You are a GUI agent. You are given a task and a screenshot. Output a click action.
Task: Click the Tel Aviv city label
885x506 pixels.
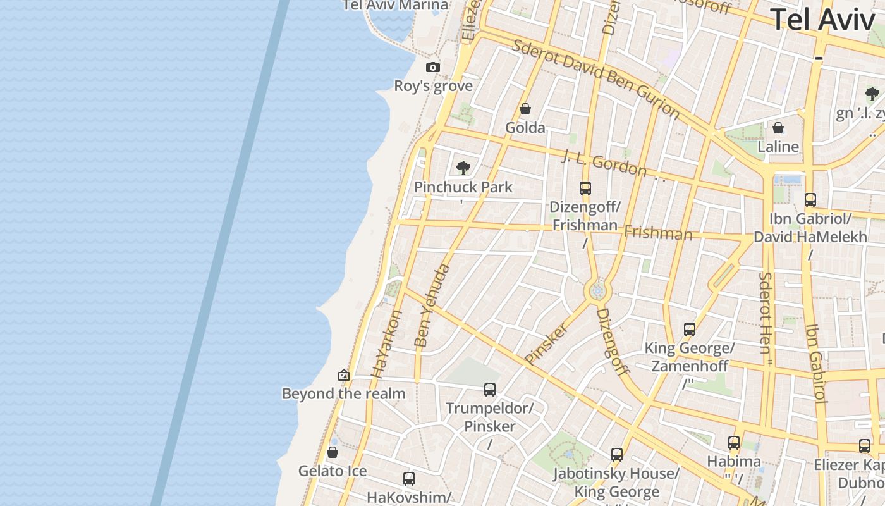tap(822, 20)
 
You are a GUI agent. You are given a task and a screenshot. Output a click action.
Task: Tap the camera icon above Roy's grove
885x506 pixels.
tap(433, 68)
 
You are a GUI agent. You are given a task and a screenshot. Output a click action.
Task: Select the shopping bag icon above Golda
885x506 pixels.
tap(525, 109)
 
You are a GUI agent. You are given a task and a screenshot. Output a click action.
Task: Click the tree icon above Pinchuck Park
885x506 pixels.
tap(463, 168)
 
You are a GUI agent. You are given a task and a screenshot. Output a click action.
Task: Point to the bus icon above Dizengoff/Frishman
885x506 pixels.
tap(585, 188)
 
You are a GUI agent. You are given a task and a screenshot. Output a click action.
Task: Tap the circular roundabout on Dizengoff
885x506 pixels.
tap(597, 292)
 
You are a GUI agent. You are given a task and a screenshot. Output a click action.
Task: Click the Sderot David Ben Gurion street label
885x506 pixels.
tap(596, 79)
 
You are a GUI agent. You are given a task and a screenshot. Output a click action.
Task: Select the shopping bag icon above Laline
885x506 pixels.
tap(778, 128)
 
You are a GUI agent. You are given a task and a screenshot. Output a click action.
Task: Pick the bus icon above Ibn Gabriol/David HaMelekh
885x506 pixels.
tap(810, 200)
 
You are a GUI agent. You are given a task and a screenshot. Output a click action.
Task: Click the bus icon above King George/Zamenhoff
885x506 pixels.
tap(690, 330)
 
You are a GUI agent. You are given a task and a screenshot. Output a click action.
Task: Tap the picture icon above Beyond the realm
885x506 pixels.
tap(344, 375)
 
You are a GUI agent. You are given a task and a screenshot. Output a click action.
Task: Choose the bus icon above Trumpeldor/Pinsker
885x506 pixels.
tap(490, 390)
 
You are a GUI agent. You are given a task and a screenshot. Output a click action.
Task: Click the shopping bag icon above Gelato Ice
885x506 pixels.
tap(333, 453)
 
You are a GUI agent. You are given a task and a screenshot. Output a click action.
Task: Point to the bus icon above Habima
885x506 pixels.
tap(734, 443)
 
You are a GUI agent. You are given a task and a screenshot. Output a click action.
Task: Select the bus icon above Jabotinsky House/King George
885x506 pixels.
tap(617, 454)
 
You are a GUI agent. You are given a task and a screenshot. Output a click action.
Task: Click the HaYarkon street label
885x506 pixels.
tap(386, 344)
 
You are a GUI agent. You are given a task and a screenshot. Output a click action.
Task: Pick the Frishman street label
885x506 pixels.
tap(658, 233)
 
